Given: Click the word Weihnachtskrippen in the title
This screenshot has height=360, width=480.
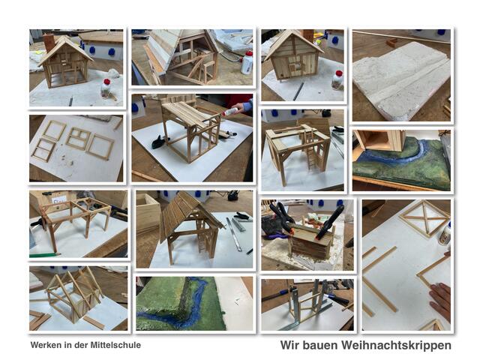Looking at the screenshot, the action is click(x=396, y=345).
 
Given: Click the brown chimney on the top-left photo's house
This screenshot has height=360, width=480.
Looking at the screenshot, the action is click(x=49, y=43).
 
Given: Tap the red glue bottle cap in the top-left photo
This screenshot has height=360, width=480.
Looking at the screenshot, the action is click(x=106, y=82).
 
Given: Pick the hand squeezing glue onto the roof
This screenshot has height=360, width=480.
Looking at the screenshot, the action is click(x=243, y=106).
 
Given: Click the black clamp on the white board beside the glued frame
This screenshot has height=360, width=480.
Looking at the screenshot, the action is click(x=160, y=142).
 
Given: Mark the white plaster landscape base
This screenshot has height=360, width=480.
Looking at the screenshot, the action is click(x=401, y=77).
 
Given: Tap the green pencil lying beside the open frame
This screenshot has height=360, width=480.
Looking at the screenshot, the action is click(x=43, y=255).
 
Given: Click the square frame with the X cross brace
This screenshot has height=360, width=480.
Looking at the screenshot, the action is click(x=424, y=218).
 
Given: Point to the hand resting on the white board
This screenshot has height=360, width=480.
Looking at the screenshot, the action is click(x=440, y=301).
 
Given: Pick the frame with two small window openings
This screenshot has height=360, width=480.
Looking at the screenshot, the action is click(x=78, y=139).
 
